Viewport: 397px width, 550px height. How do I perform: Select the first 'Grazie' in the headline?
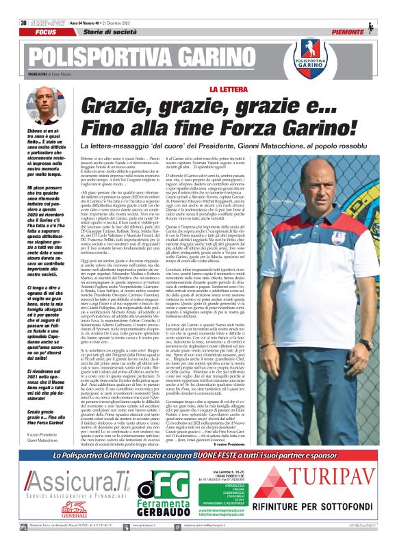tap(112, 105)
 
